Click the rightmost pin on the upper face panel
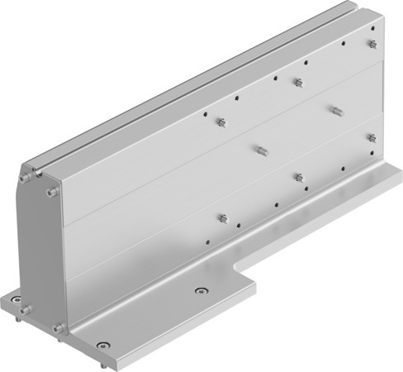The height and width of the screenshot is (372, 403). tap(372, 44)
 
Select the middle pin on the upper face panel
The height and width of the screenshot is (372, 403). tap(298, 82)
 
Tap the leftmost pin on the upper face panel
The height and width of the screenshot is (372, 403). tap(221, 122)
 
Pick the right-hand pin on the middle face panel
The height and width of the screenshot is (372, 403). tap(336, 109)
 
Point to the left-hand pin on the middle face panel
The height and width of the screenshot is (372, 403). tap(260, 150)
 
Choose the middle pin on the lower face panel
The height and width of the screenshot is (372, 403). tap(298, 177)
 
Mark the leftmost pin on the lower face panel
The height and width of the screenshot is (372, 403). tap(222, 217)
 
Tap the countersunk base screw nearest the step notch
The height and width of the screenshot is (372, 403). tap(198, 290)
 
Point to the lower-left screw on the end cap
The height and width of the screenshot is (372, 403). tap(25, 310)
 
